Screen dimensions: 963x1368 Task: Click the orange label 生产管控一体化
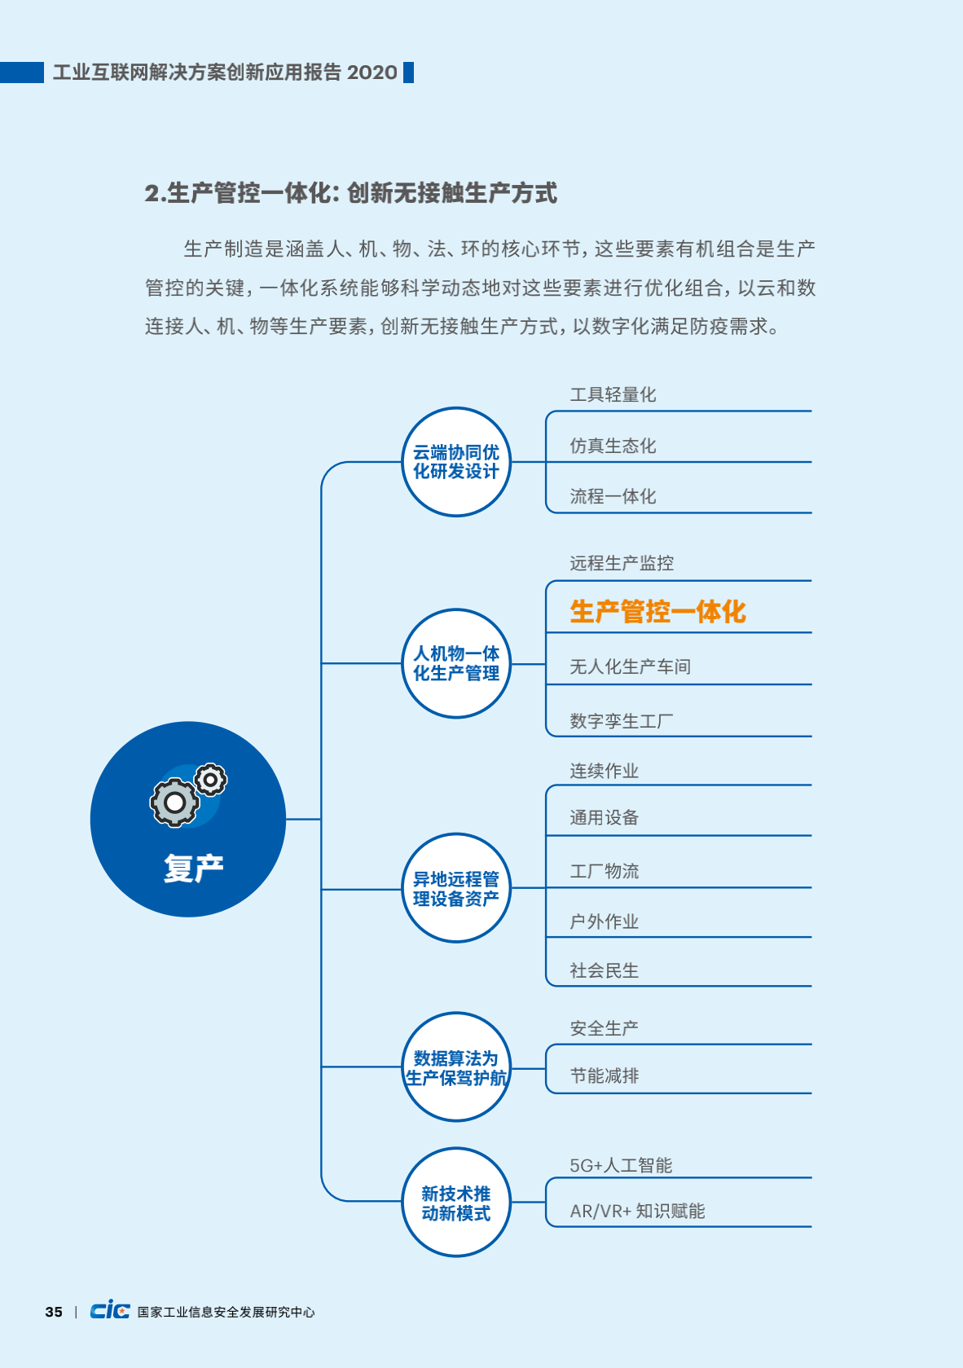657,611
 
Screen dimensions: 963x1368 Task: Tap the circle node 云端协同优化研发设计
456,462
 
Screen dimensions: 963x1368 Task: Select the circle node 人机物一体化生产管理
456,663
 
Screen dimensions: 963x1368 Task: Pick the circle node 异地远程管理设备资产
456,888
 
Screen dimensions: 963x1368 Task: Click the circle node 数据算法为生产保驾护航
456,1067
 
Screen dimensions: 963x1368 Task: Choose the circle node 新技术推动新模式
456,1202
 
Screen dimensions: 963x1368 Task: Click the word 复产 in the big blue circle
194,868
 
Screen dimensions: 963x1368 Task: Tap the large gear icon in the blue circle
174,803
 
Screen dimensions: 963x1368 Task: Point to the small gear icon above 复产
211,780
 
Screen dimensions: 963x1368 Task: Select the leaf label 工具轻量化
613,394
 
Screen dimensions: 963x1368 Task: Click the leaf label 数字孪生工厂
622,721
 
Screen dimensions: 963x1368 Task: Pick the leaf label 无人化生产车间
631,666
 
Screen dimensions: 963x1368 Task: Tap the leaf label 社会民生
605,970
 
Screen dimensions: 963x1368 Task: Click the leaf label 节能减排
605,1075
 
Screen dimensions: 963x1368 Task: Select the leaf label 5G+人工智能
621,1165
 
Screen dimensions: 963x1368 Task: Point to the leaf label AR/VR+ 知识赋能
638,1211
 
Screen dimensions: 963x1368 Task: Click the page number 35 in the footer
54,1312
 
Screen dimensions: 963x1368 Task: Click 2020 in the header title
372,73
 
